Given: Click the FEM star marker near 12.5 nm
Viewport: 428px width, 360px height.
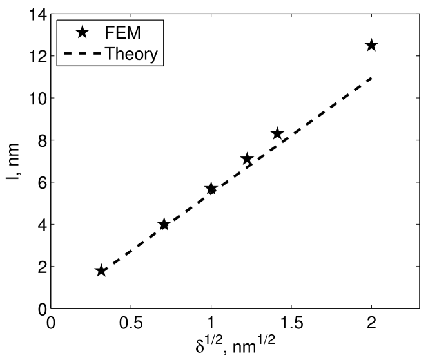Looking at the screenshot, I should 371,45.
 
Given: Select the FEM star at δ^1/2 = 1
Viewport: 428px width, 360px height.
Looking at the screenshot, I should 211,188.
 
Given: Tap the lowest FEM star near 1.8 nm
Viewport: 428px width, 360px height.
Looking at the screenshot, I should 101,270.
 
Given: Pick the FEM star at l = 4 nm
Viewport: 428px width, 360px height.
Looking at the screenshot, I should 164,224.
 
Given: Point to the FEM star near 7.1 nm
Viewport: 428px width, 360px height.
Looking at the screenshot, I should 246,159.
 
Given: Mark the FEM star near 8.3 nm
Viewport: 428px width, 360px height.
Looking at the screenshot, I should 277,133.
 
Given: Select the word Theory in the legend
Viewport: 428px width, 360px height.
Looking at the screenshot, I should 130,54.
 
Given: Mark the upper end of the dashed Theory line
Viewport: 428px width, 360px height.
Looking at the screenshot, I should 371,77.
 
